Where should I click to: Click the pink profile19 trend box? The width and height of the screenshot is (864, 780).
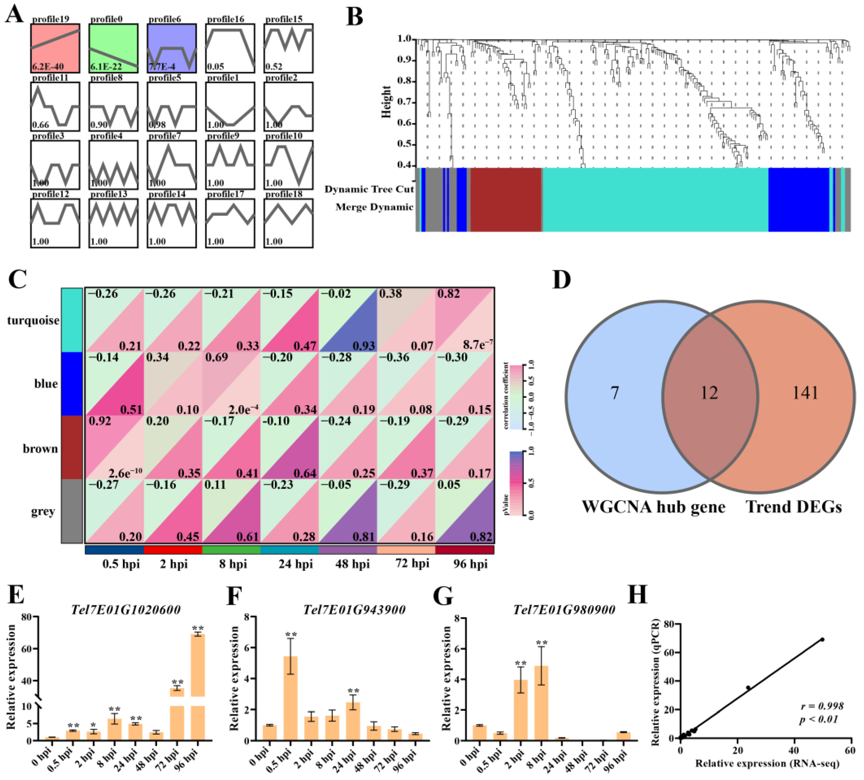coord(55,48)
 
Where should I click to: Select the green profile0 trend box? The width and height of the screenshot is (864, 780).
coord(113,48)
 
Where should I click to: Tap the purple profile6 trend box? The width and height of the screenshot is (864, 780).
coord(171,48)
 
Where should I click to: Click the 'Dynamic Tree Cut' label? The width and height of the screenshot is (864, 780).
coord(369,189)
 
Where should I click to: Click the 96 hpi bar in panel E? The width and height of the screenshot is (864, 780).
coord(197,686)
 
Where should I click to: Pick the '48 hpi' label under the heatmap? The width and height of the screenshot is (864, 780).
coord(352,564)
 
